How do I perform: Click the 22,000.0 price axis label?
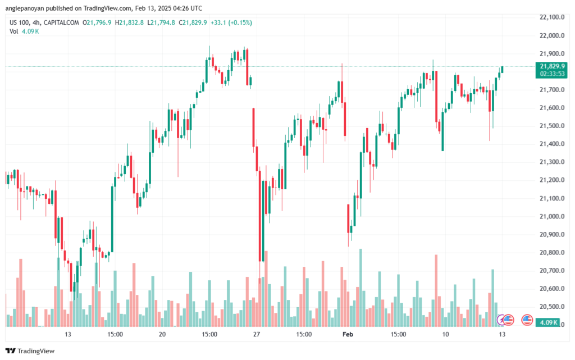551,35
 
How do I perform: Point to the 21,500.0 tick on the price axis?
551,126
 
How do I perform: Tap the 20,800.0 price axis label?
551,252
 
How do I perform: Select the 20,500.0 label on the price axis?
551,307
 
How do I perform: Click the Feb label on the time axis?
348,334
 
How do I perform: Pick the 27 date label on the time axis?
256,334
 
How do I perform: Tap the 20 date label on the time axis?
162,334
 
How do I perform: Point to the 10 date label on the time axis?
445,334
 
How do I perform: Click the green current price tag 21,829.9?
551,66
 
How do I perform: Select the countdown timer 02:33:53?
551,74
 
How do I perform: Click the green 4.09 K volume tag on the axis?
548,322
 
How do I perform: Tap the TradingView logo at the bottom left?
30,351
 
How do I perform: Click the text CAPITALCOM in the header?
61,22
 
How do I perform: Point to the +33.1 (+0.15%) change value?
231,22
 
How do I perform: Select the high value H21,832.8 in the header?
129,22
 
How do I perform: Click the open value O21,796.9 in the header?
97,22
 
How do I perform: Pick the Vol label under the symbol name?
14,31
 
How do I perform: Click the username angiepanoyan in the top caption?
25,8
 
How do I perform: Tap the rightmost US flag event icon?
527,320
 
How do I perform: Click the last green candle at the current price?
502,70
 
